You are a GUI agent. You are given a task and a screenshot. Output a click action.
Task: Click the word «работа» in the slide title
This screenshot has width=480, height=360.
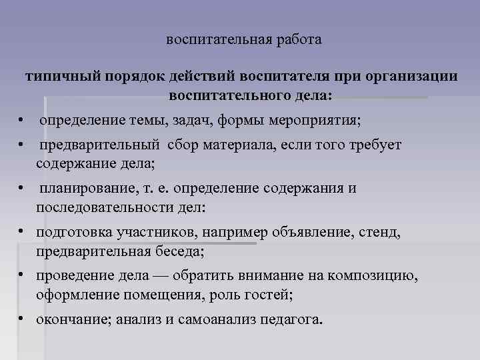[299, 40]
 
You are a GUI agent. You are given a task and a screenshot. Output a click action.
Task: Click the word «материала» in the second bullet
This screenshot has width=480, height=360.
[235, 145]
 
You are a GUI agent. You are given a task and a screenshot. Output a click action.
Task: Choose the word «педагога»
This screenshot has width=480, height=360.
[290, 319]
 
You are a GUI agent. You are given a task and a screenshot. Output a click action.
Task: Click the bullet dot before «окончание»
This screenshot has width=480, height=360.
[22, 319]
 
